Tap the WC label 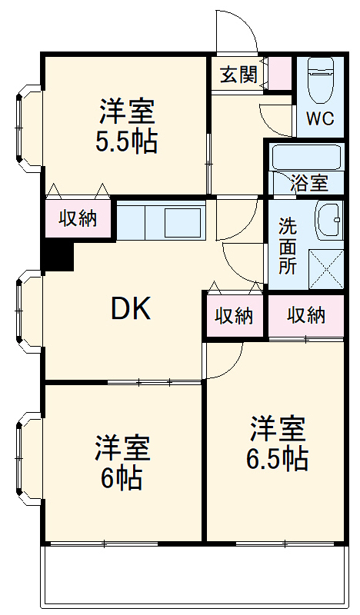pos(320,119)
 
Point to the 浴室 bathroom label pos(309,183)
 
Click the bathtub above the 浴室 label pos(306,158)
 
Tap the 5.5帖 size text pos(127,141)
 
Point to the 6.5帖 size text pos(277,458)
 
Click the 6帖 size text pos(122,478)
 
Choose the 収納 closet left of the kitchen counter pos(78,218)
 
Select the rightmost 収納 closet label pos(306,314)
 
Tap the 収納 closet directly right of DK pos(234,315)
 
